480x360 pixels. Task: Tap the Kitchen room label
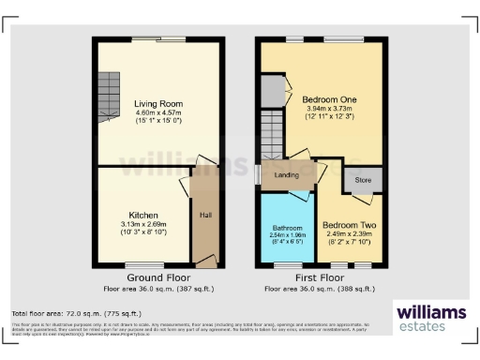(143, 215)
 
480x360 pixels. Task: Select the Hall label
(204, 215)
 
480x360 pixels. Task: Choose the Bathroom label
(288, 229)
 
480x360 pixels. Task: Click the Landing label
(286, 174)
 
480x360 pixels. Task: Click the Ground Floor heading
(157, 278)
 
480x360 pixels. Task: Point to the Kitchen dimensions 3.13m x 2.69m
(143, 224)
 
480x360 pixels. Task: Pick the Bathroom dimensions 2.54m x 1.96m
(288, 237)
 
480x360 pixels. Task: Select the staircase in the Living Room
(111, 91)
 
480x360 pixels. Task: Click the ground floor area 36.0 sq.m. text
(157, 289)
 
